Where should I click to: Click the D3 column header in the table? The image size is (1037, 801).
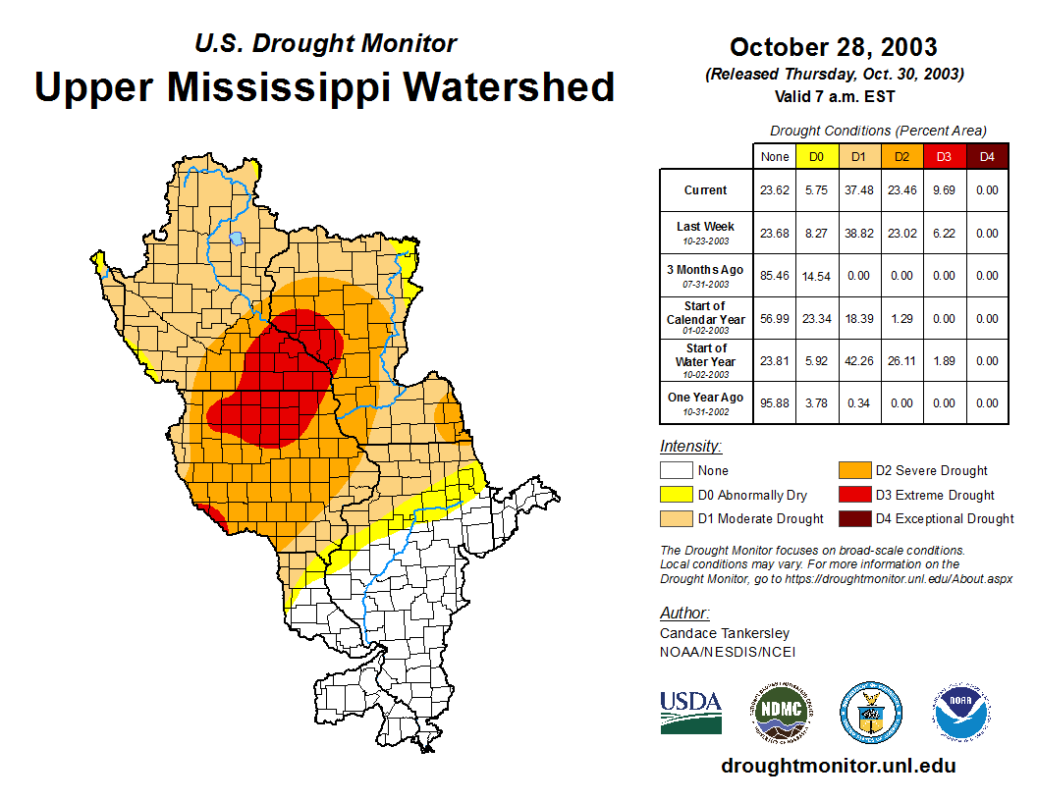[x=944, y=156]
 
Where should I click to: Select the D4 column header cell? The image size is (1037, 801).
[x=987, y=156]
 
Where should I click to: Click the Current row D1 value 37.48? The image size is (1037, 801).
[x=858, y=190]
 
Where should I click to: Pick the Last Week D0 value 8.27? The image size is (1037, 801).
[x=816, y=234]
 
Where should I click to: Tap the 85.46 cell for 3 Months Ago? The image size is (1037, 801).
[x=775, y=276]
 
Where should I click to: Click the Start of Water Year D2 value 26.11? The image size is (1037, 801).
[x=901, y=360]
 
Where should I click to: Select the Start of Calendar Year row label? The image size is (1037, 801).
[x=706, y=318]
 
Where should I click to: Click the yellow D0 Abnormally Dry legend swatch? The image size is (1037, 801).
[x=676, y=495]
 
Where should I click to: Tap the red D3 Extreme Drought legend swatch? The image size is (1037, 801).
[x=853, y=495]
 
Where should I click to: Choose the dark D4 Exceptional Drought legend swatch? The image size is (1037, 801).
[x=853, y=518]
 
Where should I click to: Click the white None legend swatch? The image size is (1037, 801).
[x=676, y=471]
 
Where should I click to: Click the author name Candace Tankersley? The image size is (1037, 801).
[x=724, y=633]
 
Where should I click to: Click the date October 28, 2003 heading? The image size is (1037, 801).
[x=833, y=47]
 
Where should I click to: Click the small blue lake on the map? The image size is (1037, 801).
[x=237, y=238]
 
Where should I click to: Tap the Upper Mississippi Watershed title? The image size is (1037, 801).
[x=324, y=86]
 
